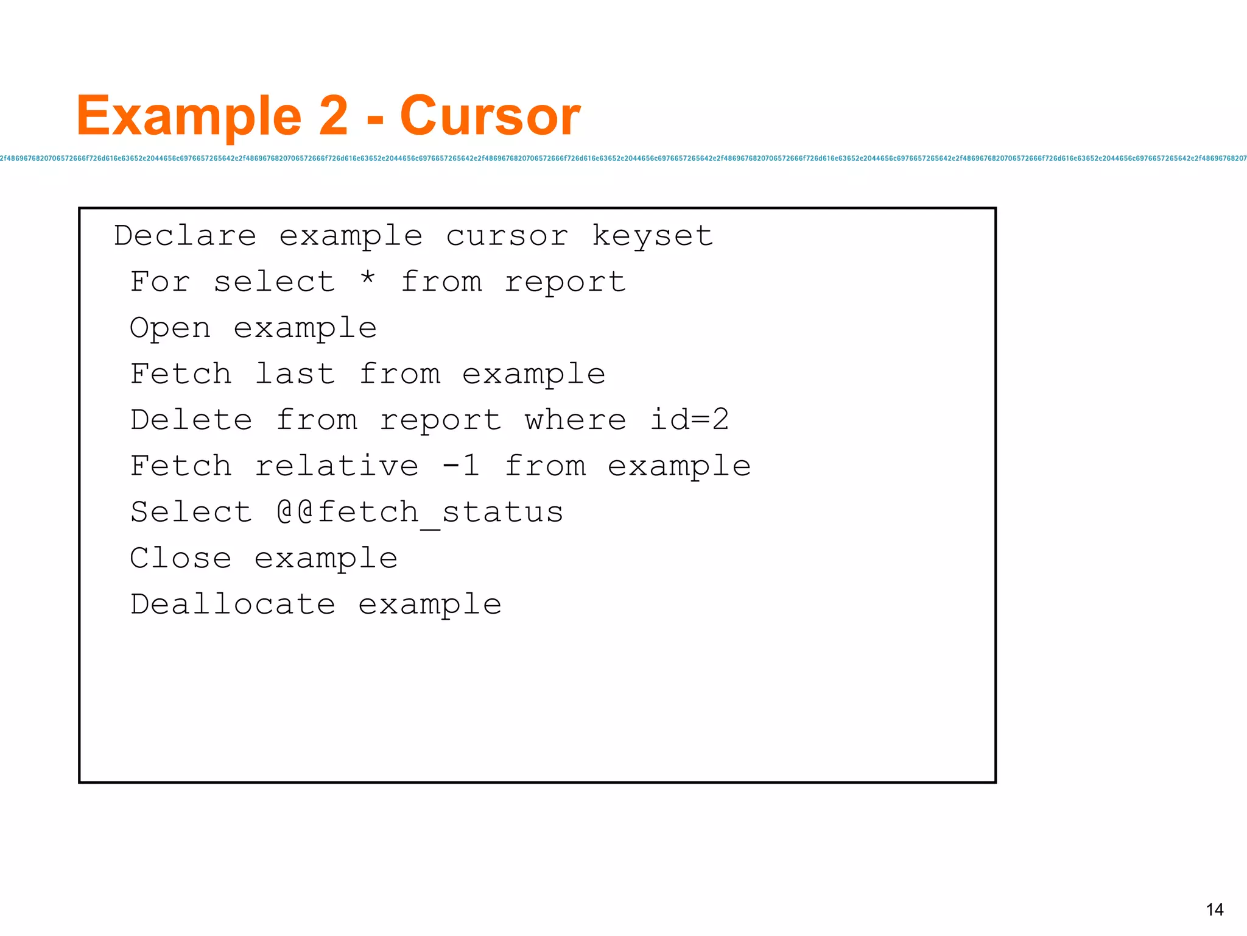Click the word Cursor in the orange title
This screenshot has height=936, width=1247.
tap(490, 116)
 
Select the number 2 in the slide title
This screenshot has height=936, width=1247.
tap(333, 116)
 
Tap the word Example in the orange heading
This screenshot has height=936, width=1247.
tap(189, 117)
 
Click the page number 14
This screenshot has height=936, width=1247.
tap(1214, 910)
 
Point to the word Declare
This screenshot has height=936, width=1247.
tap(185, 236)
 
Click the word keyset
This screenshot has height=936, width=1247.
tap(652, 236)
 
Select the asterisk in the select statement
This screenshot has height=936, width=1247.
tap(367, 279)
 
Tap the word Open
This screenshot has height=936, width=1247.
tap(170, 328)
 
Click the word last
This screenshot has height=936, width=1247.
tap(295, 374)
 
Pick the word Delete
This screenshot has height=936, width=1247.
tap(191, 420)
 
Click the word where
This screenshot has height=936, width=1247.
tap(575, 420)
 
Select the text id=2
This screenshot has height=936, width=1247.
tap(689, 420)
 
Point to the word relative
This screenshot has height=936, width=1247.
tap(337, 466)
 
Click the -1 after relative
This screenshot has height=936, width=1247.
tap(461, 466)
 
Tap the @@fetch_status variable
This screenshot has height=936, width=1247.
tap(420, 512)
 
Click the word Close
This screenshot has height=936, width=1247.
tap(181, 558)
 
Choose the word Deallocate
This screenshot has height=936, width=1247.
tap(233, 604)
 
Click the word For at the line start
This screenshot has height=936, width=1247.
tap(160, 282)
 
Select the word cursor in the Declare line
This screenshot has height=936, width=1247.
tap(507, 236)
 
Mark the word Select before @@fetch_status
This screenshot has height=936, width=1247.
tap(191, 512)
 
